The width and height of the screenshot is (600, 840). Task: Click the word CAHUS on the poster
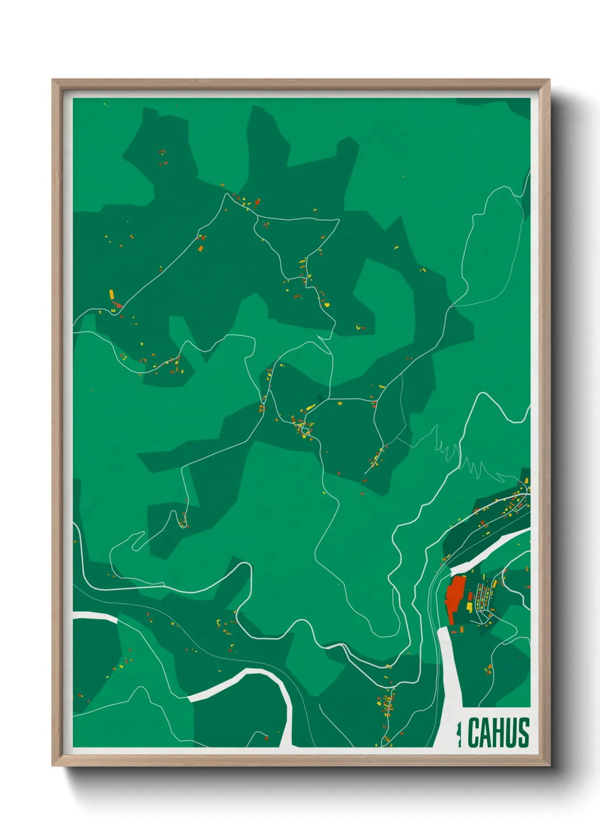click(x=498, y=733)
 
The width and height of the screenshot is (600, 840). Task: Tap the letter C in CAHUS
click(x=474, y=733)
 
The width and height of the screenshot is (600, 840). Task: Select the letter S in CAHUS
click(x=523, y=733)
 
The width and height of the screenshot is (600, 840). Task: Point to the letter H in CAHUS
click(x=498, y=733)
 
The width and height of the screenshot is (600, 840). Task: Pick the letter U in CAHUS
click(x=511, y=733)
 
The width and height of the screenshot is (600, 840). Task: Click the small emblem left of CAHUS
click(x=459, y=733)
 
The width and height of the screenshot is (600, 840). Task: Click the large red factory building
click(x=454, y=599)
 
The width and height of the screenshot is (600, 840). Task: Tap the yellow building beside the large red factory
click(x=470, y=606)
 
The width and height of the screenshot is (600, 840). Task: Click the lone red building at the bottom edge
click(x=265, y=738)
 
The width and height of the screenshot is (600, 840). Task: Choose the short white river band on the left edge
click(x=95, y=617)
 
